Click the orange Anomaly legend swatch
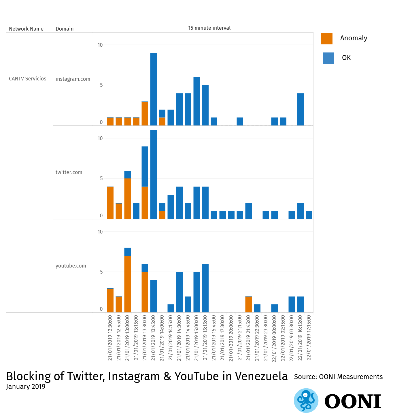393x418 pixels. [x=326, y=39]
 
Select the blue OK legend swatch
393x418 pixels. [x=328, y=58]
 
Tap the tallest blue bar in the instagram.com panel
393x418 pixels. [x=153, y=89]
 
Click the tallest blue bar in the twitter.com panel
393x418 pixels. [x=153, y=174]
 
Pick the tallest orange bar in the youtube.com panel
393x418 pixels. [x=127, y=284]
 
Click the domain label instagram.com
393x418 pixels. [x=73, y=79]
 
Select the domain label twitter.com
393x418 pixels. [x=69, y=172]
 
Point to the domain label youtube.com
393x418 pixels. [x=71, y=266]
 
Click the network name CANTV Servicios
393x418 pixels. [x=27, y=79]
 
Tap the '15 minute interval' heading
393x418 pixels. [x=209, y=28]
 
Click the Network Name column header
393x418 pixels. [x=26, y=29]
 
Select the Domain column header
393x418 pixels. [x=65, y=29]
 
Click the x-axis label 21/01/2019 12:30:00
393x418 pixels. [x=110, y=338]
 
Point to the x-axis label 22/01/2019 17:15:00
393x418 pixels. [x=309, y=338]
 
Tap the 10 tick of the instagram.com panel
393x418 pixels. [x=100, y=45]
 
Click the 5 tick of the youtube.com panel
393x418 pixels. [x=101, y=272]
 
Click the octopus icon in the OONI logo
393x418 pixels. [x=306, y=400]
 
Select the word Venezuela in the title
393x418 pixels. [x=261, y=376]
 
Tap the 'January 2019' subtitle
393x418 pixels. [x=26, y=387]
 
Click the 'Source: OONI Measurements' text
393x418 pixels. [x=338, y=377]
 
